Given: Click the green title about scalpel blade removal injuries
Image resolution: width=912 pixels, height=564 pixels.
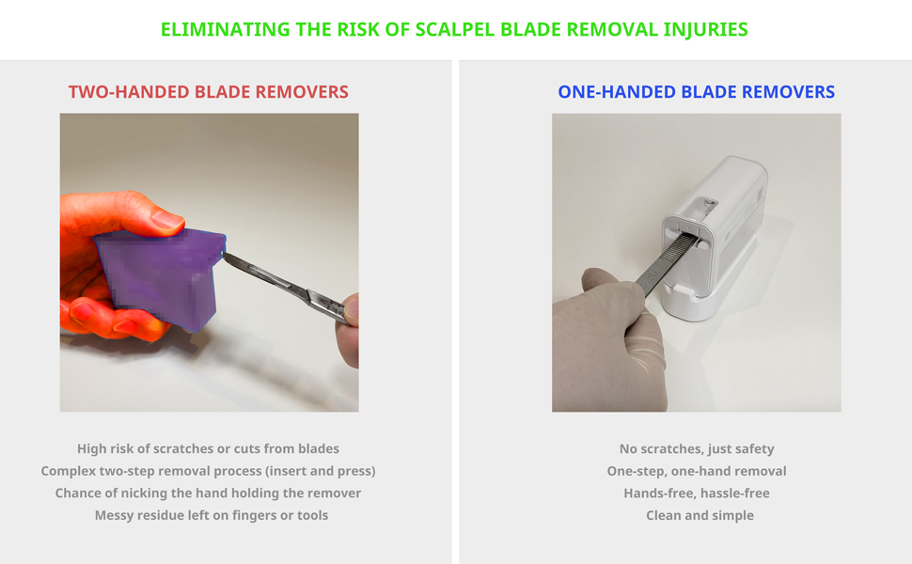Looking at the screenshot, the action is point(454,30).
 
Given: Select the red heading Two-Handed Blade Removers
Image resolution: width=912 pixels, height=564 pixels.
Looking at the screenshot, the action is point(208,92).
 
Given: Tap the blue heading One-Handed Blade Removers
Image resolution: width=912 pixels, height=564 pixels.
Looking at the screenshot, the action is point(696,92).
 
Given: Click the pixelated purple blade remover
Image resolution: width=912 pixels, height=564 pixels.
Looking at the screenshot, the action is point(160,278).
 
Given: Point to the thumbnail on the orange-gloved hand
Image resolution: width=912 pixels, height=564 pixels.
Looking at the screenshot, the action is point(167,219).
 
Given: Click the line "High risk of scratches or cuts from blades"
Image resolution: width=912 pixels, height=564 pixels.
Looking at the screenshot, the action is point(208,449).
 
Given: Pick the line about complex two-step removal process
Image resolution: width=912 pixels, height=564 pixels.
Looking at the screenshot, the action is point(208,471).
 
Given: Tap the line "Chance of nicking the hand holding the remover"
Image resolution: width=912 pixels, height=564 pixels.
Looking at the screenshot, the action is point(208,493).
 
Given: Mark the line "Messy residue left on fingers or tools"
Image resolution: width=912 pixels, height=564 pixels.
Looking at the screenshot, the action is point(212,515).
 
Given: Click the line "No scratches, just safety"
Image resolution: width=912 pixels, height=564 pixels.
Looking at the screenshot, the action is point(697,449).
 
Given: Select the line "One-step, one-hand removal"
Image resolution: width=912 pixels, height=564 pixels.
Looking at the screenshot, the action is point(697,471).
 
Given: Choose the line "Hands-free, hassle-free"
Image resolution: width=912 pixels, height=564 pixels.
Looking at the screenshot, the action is point(697,493).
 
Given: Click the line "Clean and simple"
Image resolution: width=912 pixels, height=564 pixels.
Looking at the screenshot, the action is point(700,515).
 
